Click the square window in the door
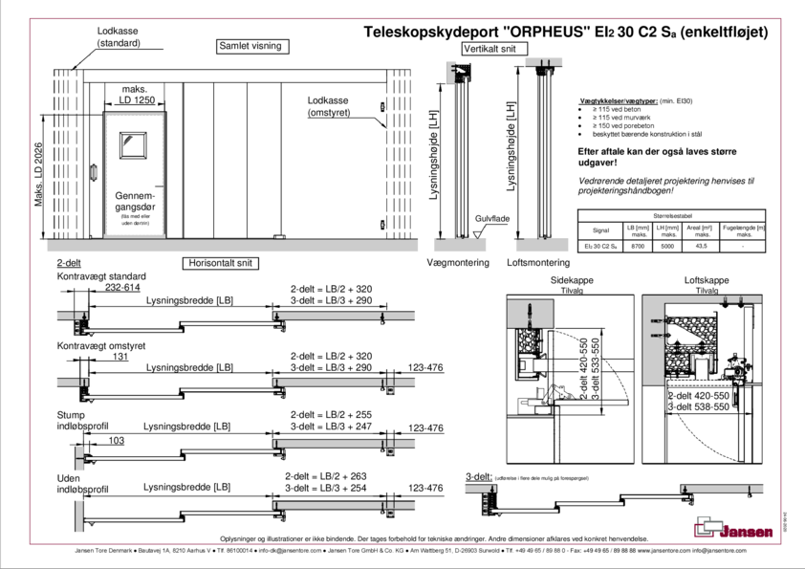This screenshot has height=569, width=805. click(x=133, y=143)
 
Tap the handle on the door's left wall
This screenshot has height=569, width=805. click(x=94, y=173)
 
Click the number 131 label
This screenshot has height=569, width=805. click(x=120, y=356)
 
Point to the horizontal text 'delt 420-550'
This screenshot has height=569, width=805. click(x=700, y=394)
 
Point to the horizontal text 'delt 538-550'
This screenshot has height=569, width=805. click(x=700, y=406)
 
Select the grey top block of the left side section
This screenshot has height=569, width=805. click(x=459, y=70)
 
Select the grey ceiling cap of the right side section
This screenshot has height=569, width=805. click(x=541, y=62)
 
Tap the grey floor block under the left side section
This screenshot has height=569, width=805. click(x=459, y=246)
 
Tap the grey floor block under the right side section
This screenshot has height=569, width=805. click(x=541, y=246)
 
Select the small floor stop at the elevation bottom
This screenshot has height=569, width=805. click(x=279, y=235)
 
